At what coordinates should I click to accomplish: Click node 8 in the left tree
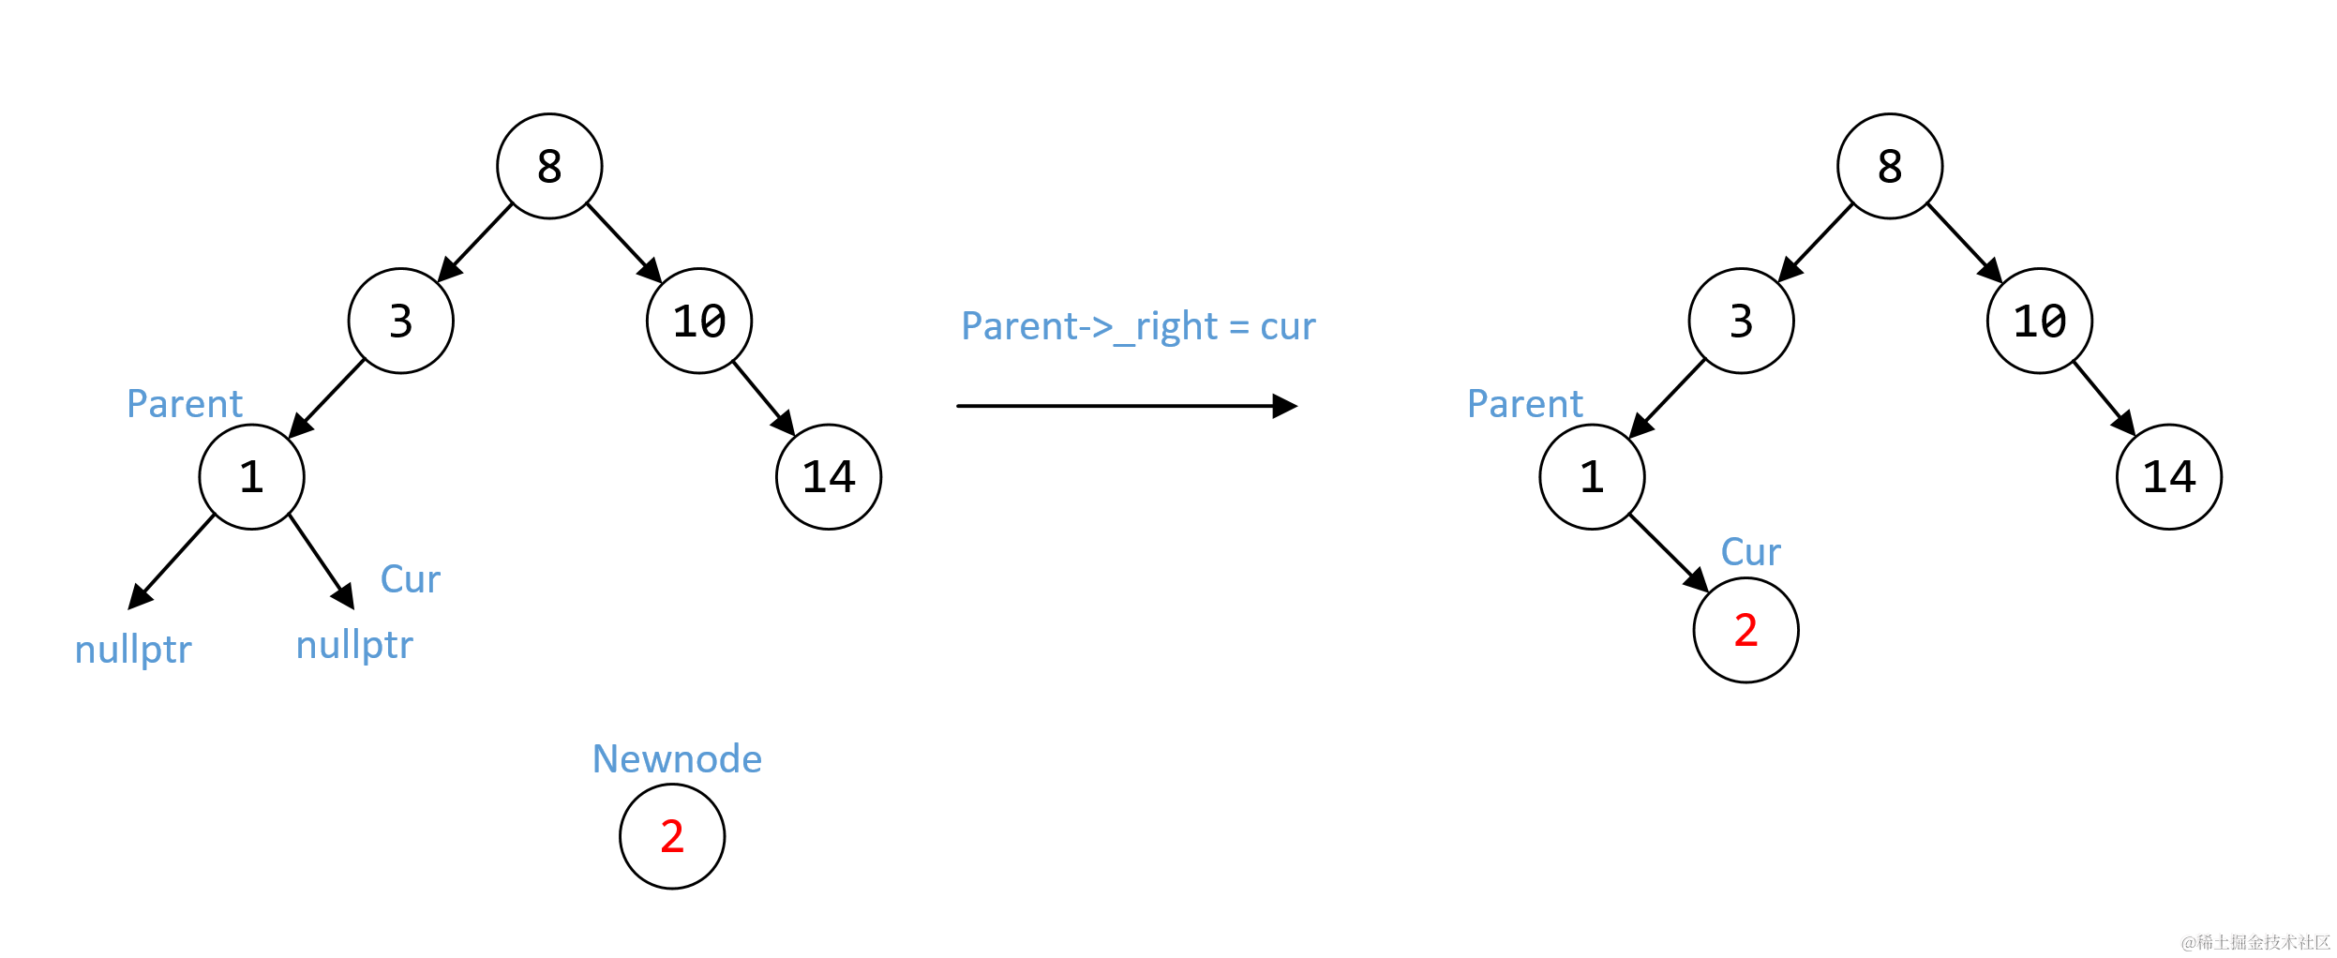(x=549, y=167)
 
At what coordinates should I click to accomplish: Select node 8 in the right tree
(x=1889, y=167)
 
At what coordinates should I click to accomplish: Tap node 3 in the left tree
(x=400, y=322)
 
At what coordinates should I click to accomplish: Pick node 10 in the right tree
(x=2039, y=322)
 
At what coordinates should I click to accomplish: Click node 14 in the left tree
(x=829, y=477)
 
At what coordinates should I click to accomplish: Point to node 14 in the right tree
(x=2168, y=477)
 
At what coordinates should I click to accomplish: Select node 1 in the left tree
(x=251, y=477)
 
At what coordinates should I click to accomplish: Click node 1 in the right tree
(x=1592, y=477)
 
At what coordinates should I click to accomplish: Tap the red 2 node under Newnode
(x=672, y=836)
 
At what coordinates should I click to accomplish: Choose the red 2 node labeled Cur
(x=1745, y=630)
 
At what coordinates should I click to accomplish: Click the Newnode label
(x=677, y=758)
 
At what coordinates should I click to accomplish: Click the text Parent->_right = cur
(x=1138, y=326)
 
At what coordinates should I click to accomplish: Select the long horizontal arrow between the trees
(x=1125, y=406)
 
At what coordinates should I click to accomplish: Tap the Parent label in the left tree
(x=185, y=404)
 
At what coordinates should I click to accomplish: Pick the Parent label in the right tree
(x=1524, y=404)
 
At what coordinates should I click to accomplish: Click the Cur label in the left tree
(x=410, y=579)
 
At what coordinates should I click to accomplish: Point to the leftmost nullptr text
(x=133, y=649)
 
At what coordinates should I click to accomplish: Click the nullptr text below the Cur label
(x=354, y=645)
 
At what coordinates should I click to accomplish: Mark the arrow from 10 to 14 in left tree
(x=763, y=397)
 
